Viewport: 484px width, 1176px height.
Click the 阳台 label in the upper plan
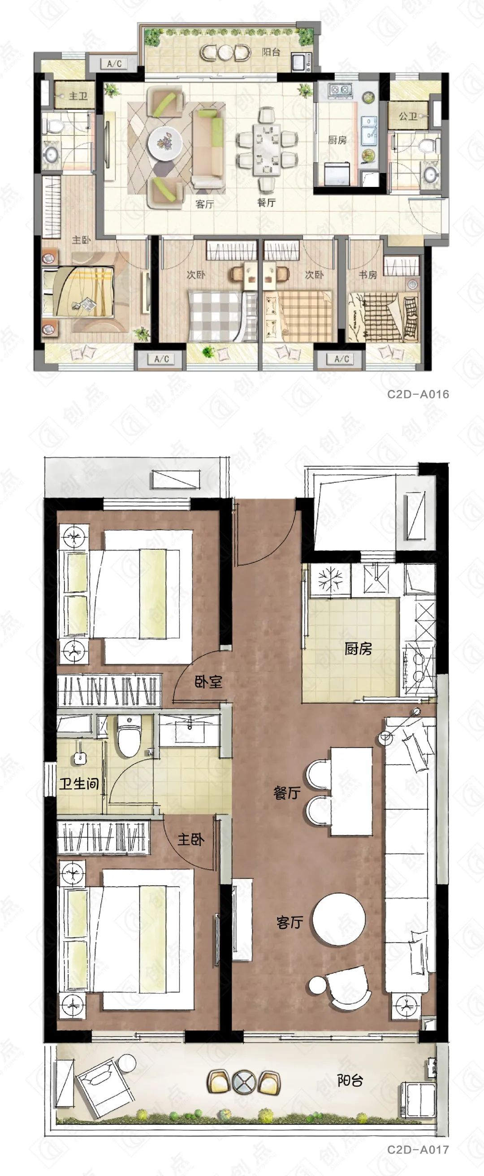click(x=271, y=52)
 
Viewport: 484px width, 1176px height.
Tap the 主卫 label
click(x=78, y=96)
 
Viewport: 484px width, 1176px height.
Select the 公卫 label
click(x=408, y=117)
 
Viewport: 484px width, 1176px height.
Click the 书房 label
click(x=368, y=274)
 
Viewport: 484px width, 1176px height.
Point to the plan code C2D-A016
click(x=418, y=394)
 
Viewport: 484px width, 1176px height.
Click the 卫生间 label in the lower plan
click(x=79, y=783)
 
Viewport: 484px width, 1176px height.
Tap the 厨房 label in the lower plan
click(x=359, y=649)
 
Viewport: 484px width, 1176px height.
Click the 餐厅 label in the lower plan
click(x=287, y=793)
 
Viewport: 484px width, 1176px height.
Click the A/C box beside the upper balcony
click(x=114, y=64)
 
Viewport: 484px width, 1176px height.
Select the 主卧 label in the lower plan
click(x=191, y=839)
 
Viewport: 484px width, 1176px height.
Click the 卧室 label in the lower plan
click(x=208, y=682)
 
